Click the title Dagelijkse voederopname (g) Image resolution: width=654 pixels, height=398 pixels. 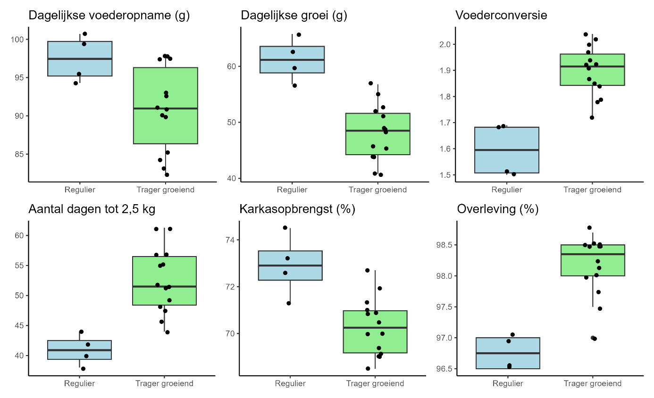tap(109, 15)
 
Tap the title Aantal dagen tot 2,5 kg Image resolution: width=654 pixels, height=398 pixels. tap(92, 208)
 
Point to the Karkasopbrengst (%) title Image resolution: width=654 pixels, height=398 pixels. tap(297, 208)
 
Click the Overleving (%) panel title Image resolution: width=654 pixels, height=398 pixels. tap(498, 208)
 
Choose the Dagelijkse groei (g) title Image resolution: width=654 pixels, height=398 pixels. tap(294, 15)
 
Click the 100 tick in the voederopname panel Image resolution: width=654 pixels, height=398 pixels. tap(19, 39)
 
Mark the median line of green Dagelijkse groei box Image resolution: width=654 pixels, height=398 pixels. tap(377, 131)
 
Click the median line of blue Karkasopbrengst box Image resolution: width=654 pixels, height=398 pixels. tap(290, 265)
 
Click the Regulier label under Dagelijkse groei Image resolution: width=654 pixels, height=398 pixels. tap(292, 190)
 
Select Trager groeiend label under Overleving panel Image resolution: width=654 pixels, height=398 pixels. tap(592, 384)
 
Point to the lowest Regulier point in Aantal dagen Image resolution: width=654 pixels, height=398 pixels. tap(83, 369)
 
